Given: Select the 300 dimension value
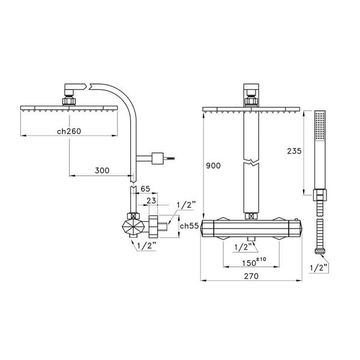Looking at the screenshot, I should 102,171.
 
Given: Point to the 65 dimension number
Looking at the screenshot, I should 146,190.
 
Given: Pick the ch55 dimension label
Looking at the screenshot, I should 189,226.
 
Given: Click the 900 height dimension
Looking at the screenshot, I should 213,165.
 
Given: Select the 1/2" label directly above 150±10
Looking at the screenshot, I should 242,246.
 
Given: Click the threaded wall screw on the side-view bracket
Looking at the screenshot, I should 171,159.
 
